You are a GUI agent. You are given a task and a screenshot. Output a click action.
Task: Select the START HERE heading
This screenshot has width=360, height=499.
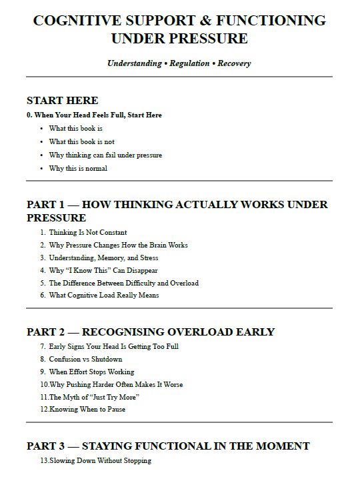click(x=63, y=101)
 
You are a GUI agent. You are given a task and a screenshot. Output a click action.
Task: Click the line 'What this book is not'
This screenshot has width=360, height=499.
click(x=81, y=141)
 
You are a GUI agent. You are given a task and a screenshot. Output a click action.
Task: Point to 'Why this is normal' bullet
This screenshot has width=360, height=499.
click(x=78, y=168)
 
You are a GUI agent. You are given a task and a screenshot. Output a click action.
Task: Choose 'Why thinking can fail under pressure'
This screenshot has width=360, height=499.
click(x=105, y=155)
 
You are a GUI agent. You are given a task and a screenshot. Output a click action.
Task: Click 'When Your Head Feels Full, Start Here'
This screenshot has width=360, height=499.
click(x=98, y=115)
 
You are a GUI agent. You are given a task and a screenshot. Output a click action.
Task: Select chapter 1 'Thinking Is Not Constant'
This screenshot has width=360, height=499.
click(x=87, y=232)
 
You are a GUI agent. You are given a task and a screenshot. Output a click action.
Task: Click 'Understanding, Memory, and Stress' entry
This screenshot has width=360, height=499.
click(x=103, y=258)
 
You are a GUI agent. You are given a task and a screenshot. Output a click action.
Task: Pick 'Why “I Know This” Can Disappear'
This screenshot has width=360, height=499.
click(x=103, y=270)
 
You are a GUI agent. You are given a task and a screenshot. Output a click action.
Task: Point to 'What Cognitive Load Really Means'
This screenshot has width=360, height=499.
click(x=103, y=295)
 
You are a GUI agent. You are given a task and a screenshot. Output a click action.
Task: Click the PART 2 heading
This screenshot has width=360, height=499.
click(x=151, y=332)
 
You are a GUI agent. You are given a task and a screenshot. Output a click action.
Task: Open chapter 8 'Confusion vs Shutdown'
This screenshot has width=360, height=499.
click(x=85, y=359)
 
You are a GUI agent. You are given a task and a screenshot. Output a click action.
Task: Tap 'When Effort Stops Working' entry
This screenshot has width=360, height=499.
click(x=91, y=372)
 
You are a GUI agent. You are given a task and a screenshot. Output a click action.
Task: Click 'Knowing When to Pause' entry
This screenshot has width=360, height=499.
click(x=87, y=409)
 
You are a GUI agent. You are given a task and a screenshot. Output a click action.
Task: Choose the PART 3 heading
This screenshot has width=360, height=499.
click(x=168, y=446)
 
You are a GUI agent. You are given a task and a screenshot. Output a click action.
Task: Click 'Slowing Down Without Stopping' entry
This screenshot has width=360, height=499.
click(x=100, y=460)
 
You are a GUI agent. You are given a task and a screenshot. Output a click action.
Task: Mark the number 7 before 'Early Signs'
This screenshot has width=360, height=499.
click(x=42, y=346)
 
